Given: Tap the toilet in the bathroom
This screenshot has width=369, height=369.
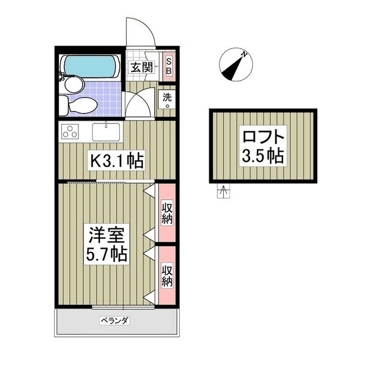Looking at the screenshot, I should point(81,106).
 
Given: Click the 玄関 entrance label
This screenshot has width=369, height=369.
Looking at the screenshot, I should point(140,67).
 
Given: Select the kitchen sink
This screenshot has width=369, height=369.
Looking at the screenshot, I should point(106,131).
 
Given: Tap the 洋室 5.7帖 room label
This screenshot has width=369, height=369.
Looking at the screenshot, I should point(107,243).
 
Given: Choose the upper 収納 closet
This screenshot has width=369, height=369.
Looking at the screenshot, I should point(167,212).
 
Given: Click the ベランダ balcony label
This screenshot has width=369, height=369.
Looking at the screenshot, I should point(113,321).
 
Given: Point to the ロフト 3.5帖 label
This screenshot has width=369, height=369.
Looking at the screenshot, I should point(263,147).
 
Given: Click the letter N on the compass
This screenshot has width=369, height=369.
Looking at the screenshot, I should point(244,54).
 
